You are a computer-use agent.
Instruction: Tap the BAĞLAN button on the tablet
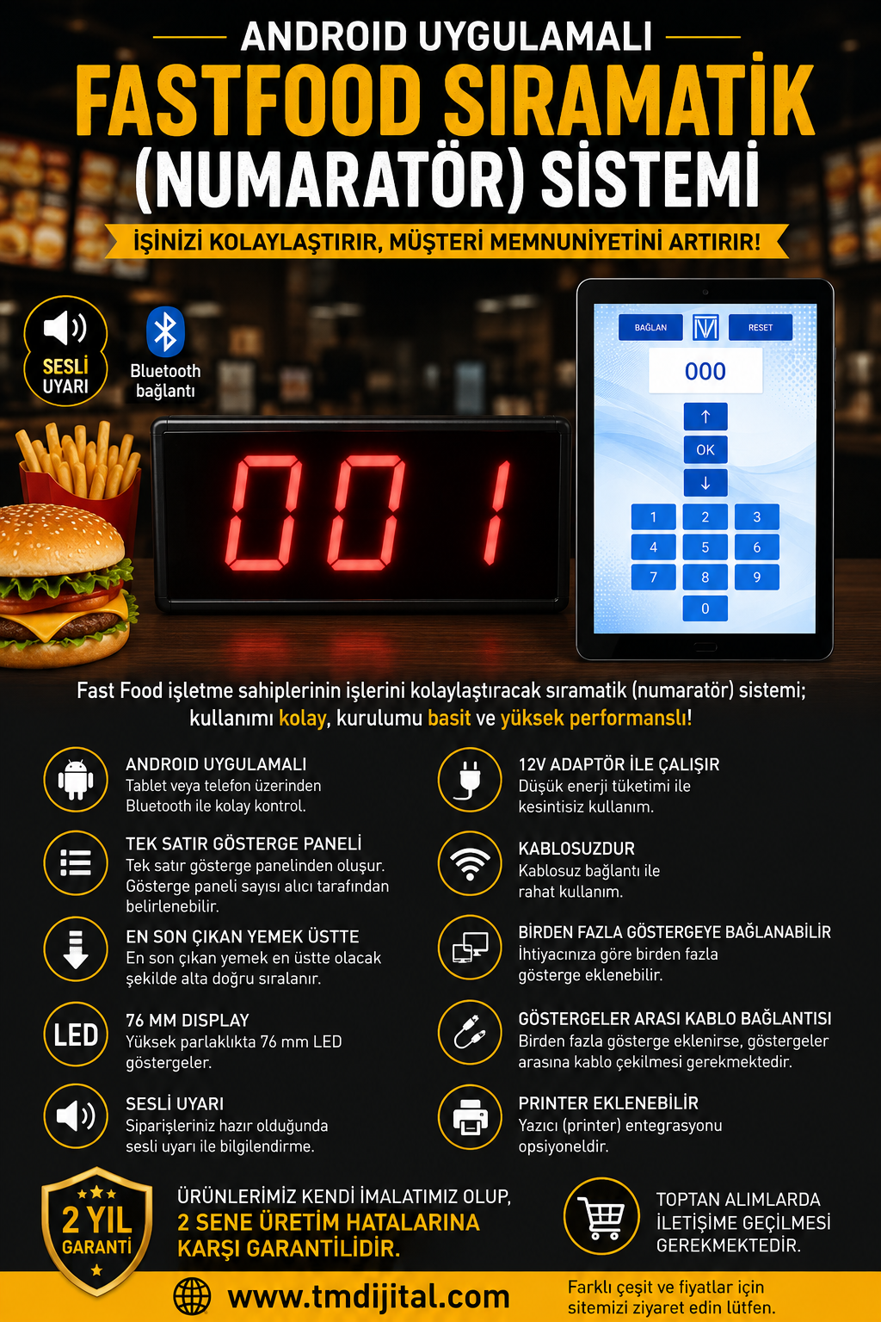(x=650, y=327)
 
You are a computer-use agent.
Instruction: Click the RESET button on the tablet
(x=760, y=327)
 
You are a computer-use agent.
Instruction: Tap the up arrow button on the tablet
(x=705, y=417)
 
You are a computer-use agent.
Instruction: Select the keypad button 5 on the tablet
(x=705, y=547)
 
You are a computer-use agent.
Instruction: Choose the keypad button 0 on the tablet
(x=705, y=608)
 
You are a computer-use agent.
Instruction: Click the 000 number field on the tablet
(x=705, y=371)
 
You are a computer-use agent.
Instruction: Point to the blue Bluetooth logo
(x=165, y=331)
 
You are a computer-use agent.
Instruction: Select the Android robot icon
(x=76, y=780)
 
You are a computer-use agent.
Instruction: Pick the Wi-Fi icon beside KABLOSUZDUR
(x=470, y=865)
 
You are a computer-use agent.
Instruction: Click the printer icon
(x=471, y=1117)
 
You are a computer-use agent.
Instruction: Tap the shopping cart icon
(x=601, y=1215)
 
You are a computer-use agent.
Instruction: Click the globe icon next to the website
(x=192, y=1297)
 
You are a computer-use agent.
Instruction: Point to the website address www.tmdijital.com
(x=369, y=1297)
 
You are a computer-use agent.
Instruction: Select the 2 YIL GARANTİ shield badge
(x=96, y=1231)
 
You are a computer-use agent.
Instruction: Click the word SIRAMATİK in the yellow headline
(x=629, y=102)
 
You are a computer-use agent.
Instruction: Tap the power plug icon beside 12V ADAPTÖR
(x=470, y=780)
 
